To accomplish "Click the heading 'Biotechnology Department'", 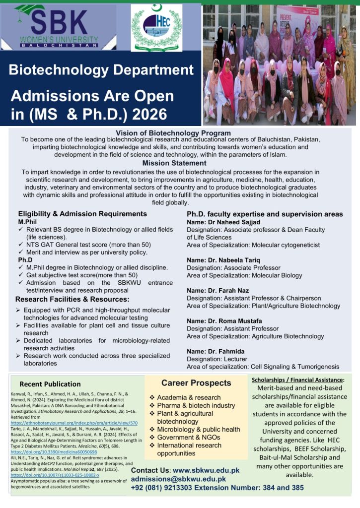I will pyautogui.click(x=101, y=69).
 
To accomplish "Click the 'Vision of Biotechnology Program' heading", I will pyautogui.click(x=173, y=133).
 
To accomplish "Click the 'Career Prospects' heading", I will pyautogui.click(x=196, y=383).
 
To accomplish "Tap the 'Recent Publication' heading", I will pyautogui.click(x=50, y=384).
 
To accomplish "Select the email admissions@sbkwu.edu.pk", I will pyautogui.click(x=178, y=479).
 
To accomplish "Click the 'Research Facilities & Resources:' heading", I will pyautogui.click(x=72, y=299).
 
